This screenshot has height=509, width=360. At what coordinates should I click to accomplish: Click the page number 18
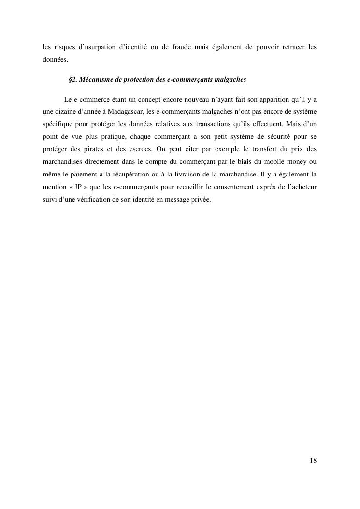tap(313, 460)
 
